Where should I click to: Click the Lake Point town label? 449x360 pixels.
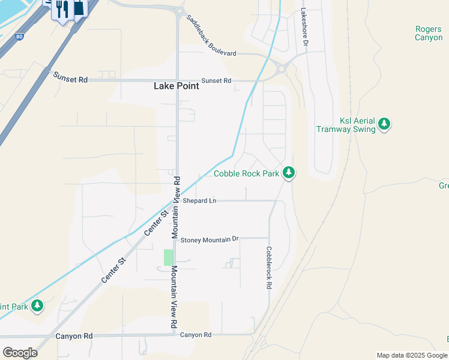point(176,86)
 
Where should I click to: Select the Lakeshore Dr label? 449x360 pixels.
point(304,27)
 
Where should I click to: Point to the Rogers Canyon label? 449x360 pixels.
point(429,33)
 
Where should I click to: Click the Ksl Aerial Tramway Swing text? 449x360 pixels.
point(346,125)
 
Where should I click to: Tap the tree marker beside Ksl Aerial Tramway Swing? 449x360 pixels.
point(384,124)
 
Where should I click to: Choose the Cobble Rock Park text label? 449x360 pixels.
point(247,174)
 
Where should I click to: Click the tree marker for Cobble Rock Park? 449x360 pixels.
point(289,173)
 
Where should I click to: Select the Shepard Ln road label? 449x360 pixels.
point(199,200)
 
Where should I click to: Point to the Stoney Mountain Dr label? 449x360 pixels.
point(209,239)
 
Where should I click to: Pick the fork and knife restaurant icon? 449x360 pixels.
point(61,8)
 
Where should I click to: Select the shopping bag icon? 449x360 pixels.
point(77,7)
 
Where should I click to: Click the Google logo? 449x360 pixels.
point(20,353)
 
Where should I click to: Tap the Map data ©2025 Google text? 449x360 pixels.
point(412,355)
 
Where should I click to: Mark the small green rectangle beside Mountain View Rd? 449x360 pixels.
point(168,257)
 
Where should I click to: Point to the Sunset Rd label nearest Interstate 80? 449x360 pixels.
point(70,77)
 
